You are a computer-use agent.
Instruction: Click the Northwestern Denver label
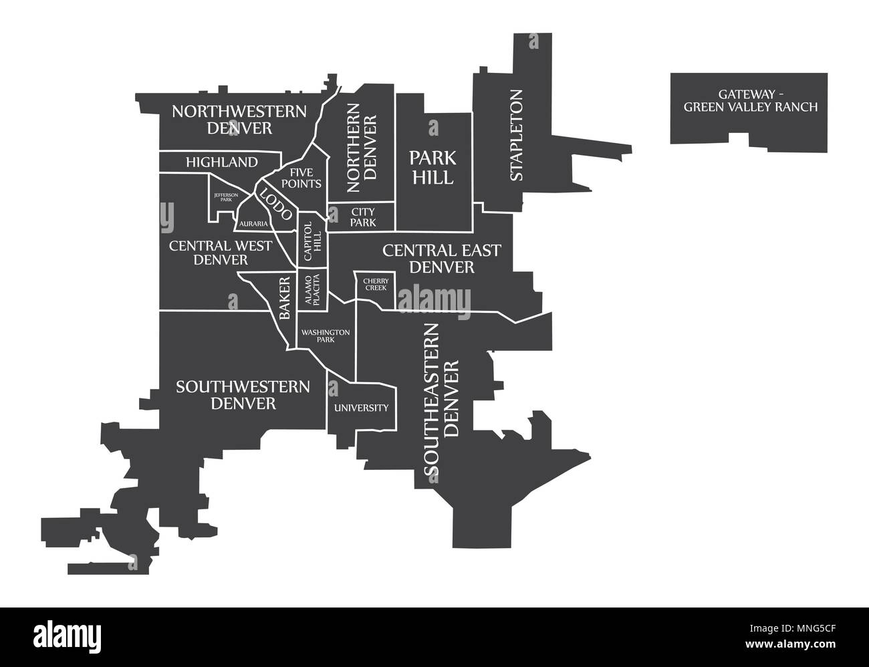[231, 119]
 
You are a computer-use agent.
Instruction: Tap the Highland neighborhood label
[221, 162]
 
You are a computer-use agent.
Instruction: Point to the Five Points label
[301, 178]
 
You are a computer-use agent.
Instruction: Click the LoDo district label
[276, 205]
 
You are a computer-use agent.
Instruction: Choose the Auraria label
[253, 223]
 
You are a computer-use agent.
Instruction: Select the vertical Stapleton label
[516, 136]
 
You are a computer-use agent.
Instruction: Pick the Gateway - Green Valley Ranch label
[749, 100]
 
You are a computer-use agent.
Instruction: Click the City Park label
[362, 217]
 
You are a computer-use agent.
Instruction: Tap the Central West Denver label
[221, 253]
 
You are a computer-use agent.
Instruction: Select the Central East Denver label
[441, 259]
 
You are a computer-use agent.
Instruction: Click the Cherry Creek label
[374, 284]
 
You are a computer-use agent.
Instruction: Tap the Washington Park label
[325, 336]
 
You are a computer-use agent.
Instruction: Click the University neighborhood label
[361, 407]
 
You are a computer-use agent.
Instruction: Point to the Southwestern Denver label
[243, 394]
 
